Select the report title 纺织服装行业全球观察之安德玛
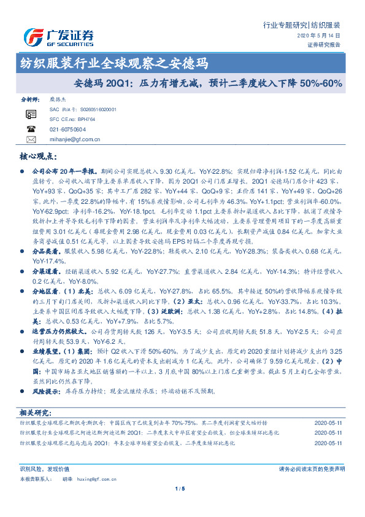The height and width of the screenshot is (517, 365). click(x=113, y=63)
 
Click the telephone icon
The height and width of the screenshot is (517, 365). click(x=31, y=129)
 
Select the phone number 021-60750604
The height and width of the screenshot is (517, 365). click(x=67, y=129)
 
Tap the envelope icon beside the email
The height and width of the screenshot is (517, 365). click(x=31, y=139)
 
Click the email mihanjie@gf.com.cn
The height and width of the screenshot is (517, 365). click(x=74, y=139)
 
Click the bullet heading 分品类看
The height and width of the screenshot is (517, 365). click(x=45, y=234)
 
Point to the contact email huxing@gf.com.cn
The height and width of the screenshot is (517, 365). click(x=89, y=478)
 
